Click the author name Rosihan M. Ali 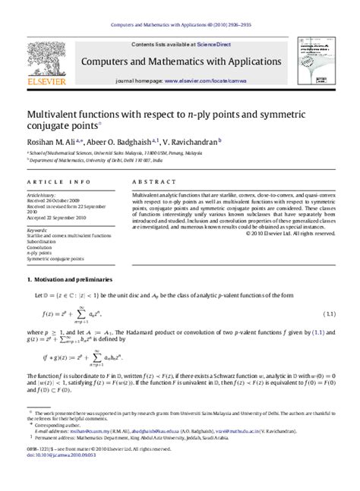pyautogui.click(x=55, y=141)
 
